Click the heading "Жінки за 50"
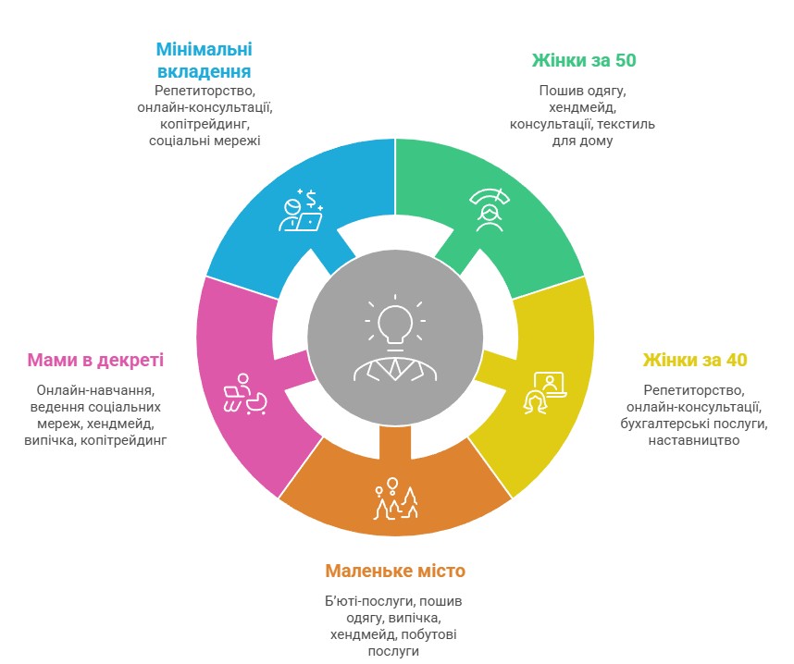(583, 60)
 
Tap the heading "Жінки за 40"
(695, 360)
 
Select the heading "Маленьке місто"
(395, 571)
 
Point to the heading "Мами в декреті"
(95, 360)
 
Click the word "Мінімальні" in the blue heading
(205, 49)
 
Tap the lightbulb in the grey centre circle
(395, 325)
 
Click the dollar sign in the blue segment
(311, 199)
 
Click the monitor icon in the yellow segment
(550, 385)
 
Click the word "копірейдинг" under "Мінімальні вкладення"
(205, 124)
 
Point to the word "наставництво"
(694, 440)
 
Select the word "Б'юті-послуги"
(369, 601)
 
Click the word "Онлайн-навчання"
(95, 390)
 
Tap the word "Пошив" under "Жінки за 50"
(557, 91)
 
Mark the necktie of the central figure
(395, 368)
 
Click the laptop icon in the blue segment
(310, 222)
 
